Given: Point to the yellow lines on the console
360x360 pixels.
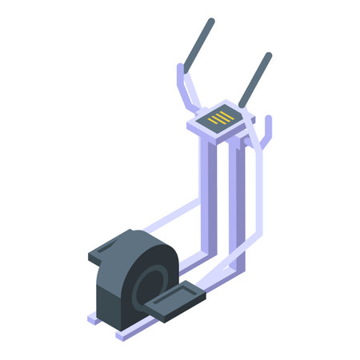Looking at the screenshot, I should pos(222,118).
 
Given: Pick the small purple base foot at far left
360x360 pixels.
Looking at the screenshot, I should pos(93,319).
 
